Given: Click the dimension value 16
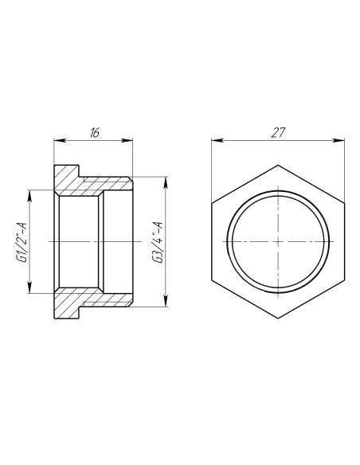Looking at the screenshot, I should pos(95,133).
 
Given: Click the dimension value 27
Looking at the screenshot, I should pos(277,133).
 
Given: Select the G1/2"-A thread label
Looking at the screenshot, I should pos(22,240).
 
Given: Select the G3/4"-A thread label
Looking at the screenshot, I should pos(158,241).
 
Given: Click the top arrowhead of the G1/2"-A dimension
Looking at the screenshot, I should pos(29,192).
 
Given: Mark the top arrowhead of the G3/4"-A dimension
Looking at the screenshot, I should pos(166,179).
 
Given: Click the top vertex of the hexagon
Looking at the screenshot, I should pos(278,165).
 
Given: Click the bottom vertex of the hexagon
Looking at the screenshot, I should pos(278,316).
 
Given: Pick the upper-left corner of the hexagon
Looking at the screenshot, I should pos(213,203).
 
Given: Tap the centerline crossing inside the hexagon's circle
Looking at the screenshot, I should pos(278,240).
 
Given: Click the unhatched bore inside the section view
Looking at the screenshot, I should pos(80,240).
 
